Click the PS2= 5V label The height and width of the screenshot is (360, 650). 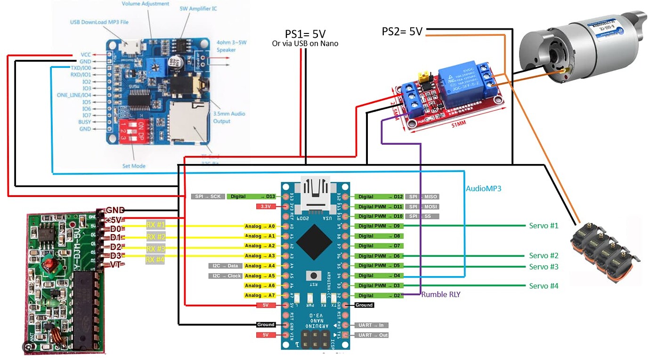click(x=402, y=32)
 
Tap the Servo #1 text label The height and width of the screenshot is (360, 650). click(x=543, y=226)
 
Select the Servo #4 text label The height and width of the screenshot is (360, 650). click(x=543, y=286)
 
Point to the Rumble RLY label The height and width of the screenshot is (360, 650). click(x=440, y=295)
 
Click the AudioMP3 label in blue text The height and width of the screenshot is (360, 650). click(x=484, y=188)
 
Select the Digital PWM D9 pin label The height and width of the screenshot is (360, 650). click(x=379, y=226)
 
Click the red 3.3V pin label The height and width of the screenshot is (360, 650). click(x=265, y=206)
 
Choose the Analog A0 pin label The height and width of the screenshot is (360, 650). click(x=260, y=226)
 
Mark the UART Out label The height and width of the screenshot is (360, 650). click(x=373, y=335)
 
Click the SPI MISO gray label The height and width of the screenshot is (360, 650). click(x=423, y=196)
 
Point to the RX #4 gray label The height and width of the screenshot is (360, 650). click(x=155, y=260)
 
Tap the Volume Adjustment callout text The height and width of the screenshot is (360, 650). click(x=146, y=4)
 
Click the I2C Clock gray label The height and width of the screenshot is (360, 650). click(x=226, y=276)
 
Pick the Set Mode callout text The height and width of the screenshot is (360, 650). click(x=134, y=166)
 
